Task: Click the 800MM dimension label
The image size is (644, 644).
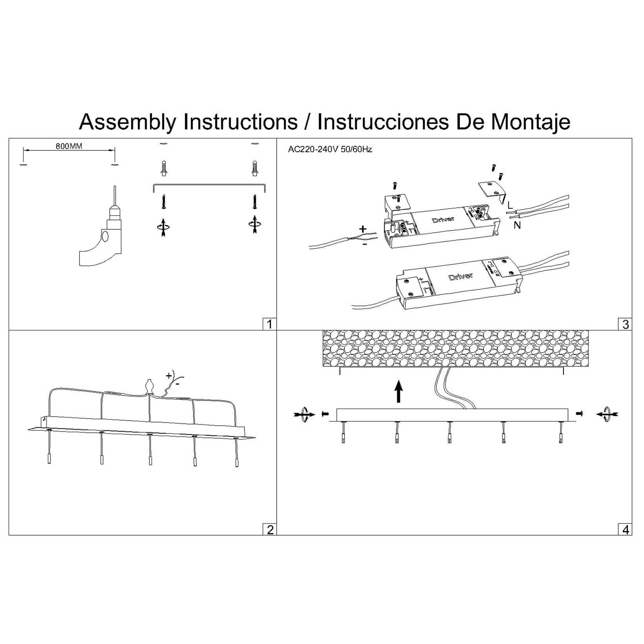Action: (x=69, y=146)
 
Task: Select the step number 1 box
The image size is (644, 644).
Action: (x=269, y=324)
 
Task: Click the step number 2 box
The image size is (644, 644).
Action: (x=269, y=530)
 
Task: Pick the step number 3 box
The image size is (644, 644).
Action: (x=625, y=324)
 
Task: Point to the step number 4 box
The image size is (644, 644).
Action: (x=625, y=530)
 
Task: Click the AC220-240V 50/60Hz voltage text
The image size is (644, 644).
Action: (x=330, y=150)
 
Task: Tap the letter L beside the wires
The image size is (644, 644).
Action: (x=510, y=205)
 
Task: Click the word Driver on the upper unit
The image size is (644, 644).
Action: (x=443, y=220)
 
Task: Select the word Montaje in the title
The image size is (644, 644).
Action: (x=531, y=122)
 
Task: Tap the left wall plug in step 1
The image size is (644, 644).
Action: (x=163, y=168)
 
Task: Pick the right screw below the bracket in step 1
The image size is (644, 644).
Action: (x=255, y=202)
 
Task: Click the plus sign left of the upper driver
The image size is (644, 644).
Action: (x=363, y=229)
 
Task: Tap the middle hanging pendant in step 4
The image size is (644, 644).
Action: (x=449, y=433)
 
